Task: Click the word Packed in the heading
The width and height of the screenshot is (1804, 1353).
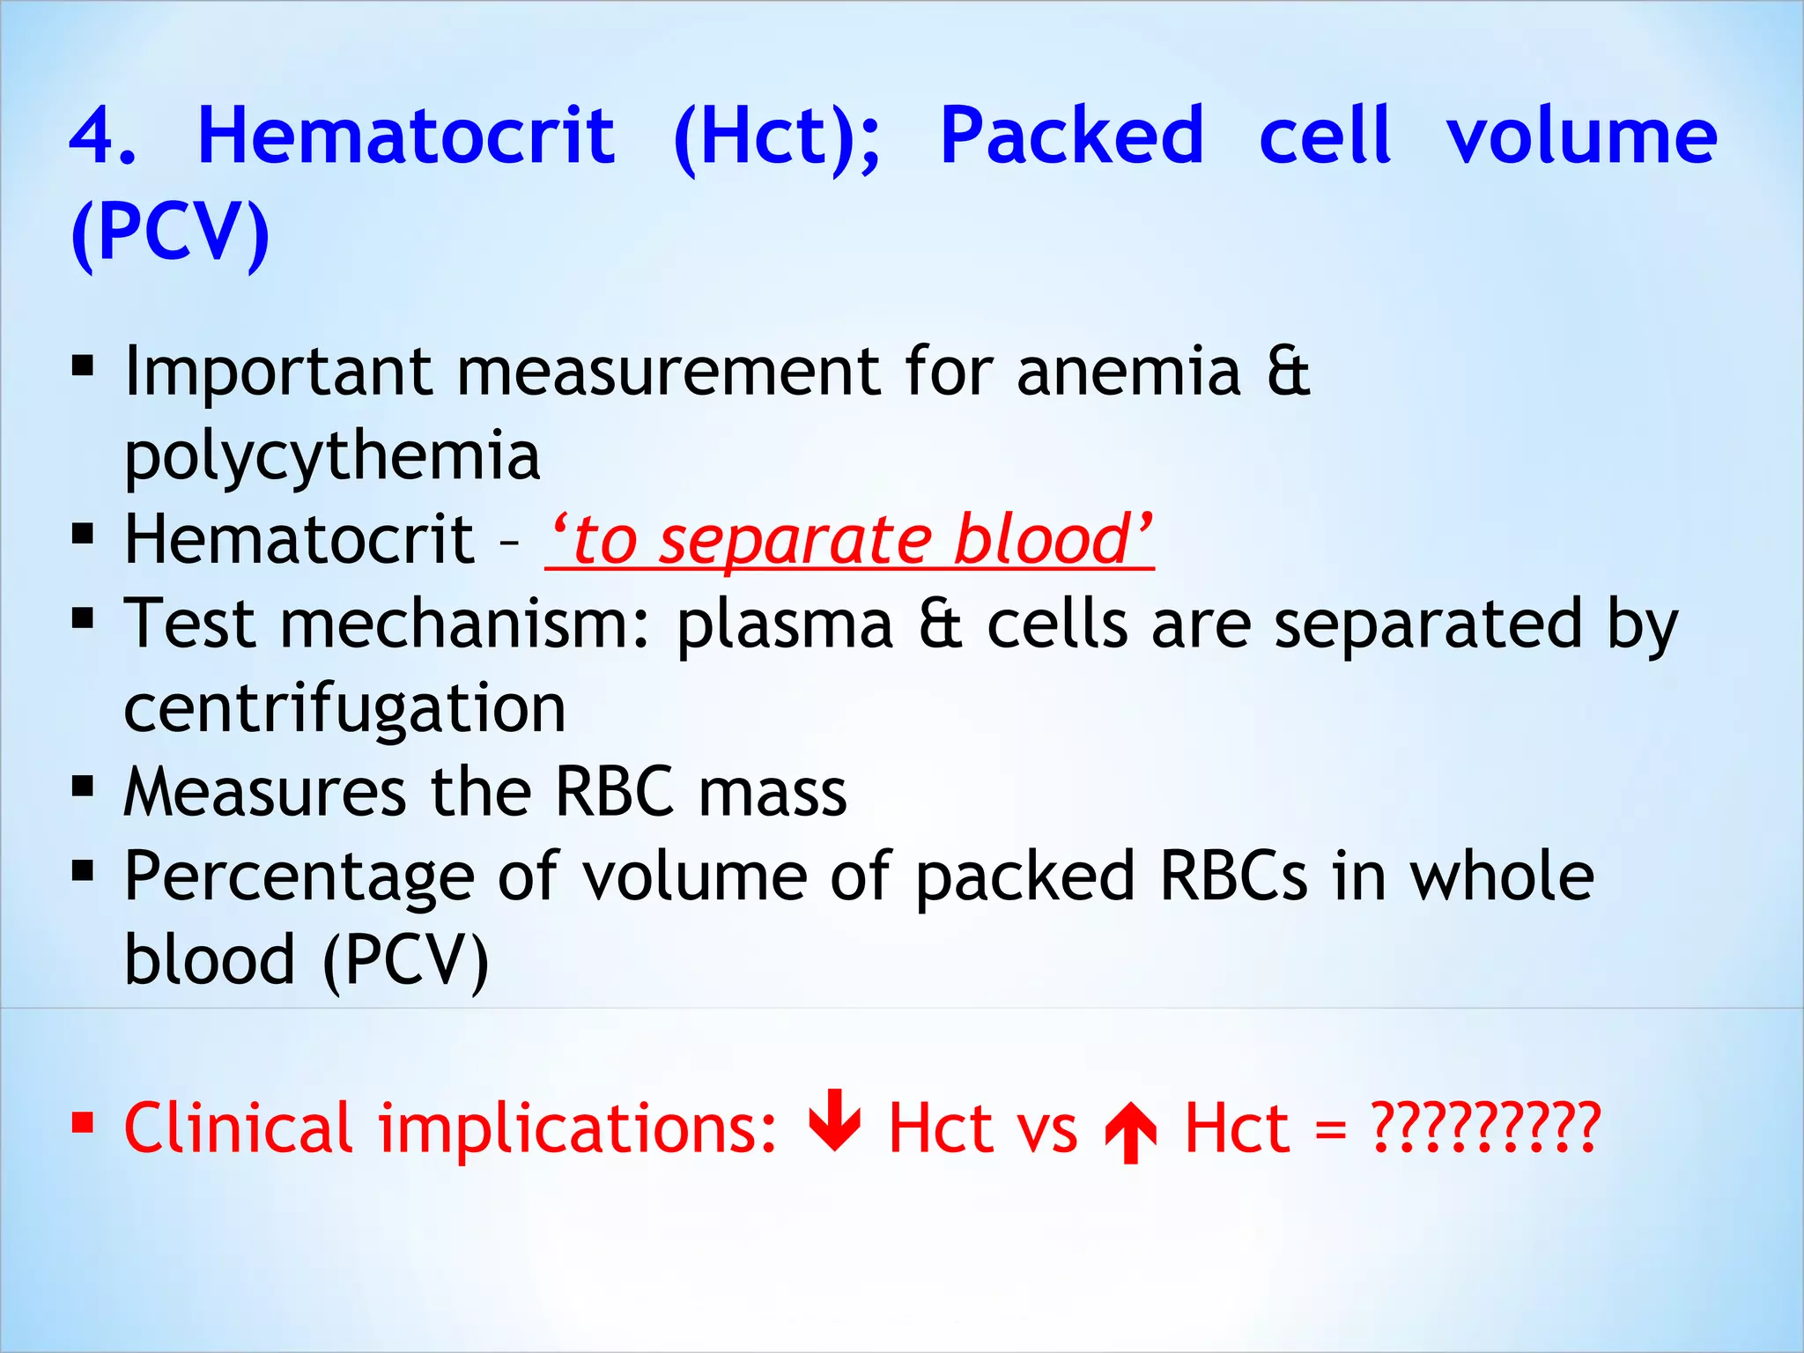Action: coord(1071,137)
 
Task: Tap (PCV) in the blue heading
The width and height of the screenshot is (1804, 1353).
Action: coord(170,233)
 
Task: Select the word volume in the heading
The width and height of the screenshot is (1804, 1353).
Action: coord(1581,137)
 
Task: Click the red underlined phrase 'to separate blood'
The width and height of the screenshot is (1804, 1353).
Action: coord(850,540)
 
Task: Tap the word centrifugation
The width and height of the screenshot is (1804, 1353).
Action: coord(344,709)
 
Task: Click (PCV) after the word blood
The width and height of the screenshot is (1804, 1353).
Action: coord(405,961)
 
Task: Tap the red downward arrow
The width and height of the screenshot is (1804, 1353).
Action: coord(834,1120)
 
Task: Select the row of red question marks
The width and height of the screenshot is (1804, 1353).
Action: coord(1485,1128)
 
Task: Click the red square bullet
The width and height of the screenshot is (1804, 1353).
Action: coord(83,1122)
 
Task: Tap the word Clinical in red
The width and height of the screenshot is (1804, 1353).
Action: coord(238,1128)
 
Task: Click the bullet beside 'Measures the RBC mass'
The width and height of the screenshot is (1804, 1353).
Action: coord(83,785)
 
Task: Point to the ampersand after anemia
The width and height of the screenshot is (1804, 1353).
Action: coord(1288,372)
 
